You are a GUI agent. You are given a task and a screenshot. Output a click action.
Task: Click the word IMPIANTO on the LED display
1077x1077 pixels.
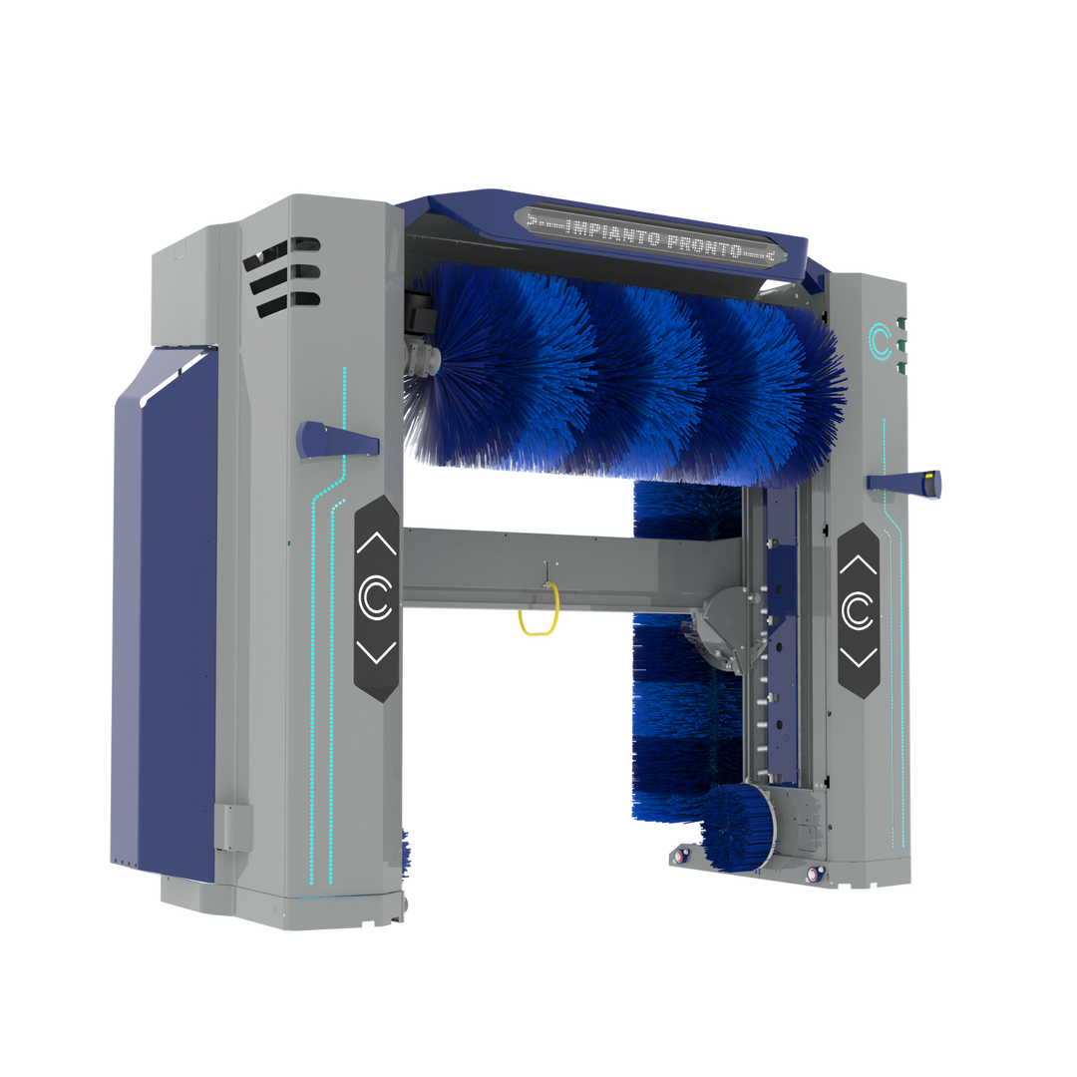(x=614, y=232)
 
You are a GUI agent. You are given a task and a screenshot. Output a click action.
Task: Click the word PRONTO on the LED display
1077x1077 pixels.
(x=705, y=245)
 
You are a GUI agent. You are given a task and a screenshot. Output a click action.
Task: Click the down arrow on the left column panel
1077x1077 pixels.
(x=376, y=652)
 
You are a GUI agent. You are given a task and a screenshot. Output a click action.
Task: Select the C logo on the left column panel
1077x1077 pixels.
(x=376, y=597)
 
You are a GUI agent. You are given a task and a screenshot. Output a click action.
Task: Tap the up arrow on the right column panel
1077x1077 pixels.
(x=858, y=564)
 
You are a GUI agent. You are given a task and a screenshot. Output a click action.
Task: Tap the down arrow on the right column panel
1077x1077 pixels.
(x=859, y=657)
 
